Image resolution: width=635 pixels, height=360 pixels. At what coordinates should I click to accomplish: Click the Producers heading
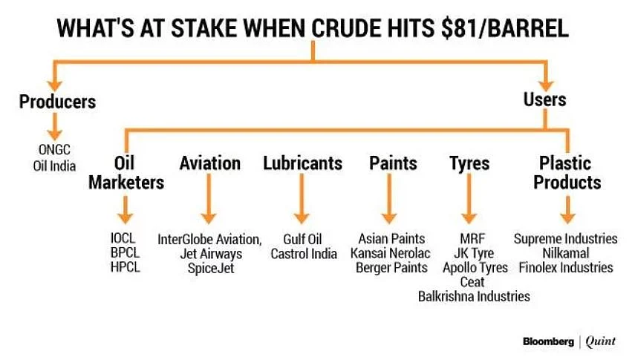pos(57,102)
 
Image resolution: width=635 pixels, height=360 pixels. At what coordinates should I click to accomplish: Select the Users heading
pos(544,99)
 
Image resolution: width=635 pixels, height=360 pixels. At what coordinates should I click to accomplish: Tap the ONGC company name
pos(54,150)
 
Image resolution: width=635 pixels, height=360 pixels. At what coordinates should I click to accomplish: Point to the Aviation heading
pos(209,163)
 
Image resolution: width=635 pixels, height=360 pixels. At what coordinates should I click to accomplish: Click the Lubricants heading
pos(302,163)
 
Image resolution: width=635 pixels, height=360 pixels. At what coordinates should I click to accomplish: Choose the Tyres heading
pos(469,163)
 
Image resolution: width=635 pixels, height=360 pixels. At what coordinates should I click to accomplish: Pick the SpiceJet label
pos(211,268)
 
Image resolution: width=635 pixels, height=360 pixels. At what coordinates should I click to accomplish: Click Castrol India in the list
pos(304,254)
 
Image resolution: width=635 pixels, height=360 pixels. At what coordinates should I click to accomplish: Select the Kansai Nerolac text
pos(391,253)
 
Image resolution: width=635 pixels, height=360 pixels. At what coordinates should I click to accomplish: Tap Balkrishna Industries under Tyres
pos(474,296)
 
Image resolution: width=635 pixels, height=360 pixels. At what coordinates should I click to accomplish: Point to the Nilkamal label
pos(566,253)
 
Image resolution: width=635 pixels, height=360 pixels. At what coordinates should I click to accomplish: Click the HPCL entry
pos(125,267)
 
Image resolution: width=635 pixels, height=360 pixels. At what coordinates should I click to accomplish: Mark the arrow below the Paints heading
pos(389,198)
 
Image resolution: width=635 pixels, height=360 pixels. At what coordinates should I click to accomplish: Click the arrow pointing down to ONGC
pos(55,127)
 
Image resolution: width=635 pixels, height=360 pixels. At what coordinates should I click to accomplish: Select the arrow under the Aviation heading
pos(209,198)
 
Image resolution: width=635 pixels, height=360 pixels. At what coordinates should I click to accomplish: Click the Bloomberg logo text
pos(548,341)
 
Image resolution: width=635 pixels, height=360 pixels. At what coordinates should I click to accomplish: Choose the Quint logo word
pos(601,341)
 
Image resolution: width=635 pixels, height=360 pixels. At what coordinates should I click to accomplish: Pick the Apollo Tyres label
pos(475,268)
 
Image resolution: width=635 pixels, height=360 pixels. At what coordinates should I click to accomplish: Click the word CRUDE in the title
pos(346,28)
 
